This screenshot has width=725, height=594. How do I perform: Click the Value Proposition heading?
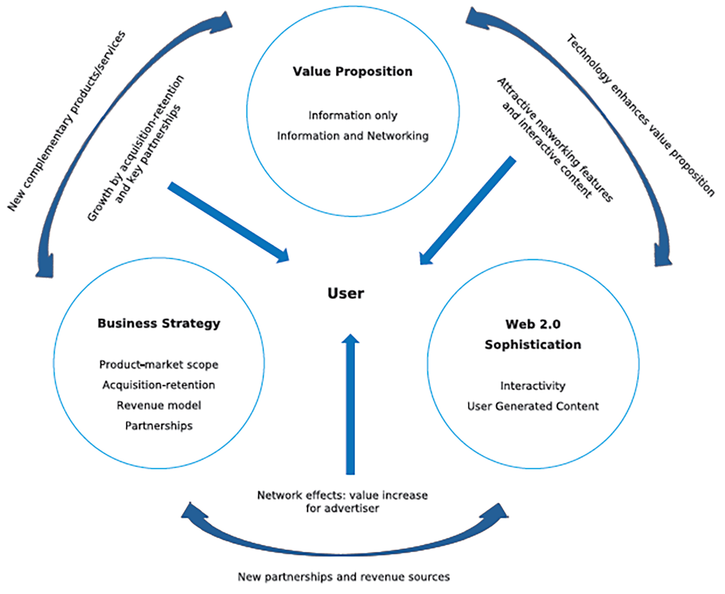click(352, 72)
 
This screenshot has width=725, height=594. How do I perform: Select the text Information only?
click(353, 115)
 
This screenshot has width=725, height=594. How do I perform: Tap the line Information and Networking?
click(353, 136)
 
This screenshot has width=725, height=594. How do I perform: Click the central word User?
click(346, 293)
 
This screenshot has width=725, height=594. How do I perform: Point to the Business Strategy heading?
click(159, 324)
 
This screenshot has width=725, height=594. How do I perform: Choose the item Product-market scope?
click(159, 364)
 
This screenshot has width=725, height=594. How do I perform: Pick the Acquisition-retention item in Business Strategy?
click(159, 385)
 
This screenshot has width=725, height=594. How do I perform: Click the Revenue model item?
click(159, 405)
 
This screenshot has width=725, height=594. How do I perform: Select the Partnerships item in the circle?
click(159, 426)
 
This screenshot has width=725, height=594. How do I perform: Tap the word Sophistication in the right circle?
click(533, 345)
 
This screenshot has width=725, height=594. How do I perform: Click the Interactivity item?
click(533, 386)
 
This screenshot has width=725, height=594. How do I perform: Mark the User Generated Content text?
click(533, 406)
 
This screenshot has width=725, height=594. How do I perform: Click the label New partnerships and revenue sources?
click(344, 577)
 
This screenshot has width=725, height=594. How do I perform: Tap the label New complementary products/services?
click(66, 121)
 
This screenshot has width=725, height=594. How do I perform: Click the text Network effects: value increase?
click(342, 495)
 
